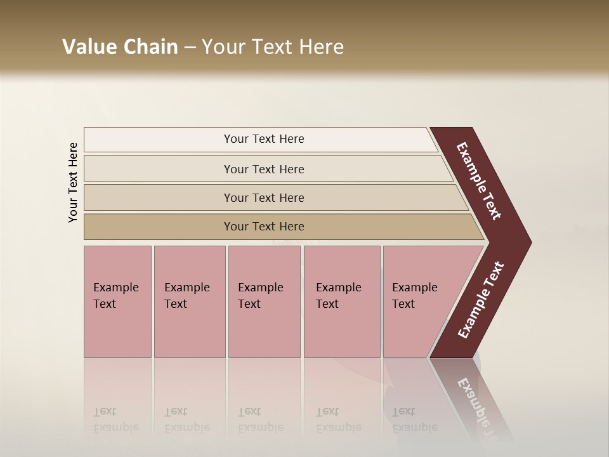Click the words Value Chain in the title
[120, 47]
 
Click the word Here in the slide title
[321, 47]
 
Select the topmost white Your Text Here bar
[264, 139]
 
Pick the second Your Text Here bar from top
[264, 169]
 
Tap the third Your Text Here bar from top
[264, 197]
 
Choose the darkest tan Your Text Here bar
[264, 227]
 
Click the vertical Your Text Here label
[73, 182]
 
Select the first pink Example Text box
[117, 301]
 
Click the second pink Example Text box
[188, 301]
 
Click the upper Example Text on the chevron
[479, 181]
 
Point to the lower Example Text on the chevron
[480, 300]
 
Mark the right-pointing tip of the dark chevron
[528, 242]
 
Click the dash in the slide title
[189, 47]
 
